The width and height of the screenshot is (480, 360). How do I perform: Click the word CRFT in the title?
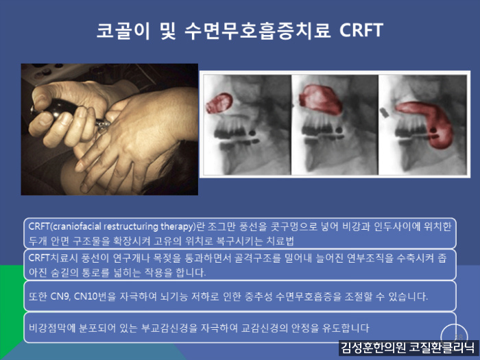[x=361, y=30]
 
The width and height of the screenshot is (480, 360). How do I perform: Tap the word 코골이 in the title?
[x=123, y=30]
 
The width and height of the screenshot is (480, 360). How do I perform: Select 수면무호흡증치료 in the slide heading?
[x=257, y=30]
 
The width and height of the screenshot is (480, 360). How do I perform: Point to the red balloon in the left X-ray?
[x=219, y=103]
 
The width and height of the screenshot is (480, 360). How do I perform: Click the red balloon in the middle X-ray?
[x=320, y=100]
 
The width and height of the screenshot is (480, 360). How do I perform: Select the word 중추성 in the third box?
[x=259, y=297]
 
